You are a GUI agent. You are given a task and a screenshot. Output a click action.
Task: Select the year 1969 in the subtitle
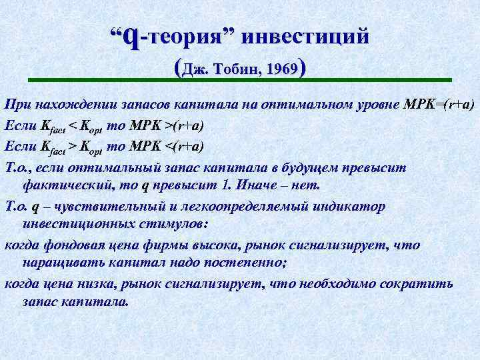(281, 69)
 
